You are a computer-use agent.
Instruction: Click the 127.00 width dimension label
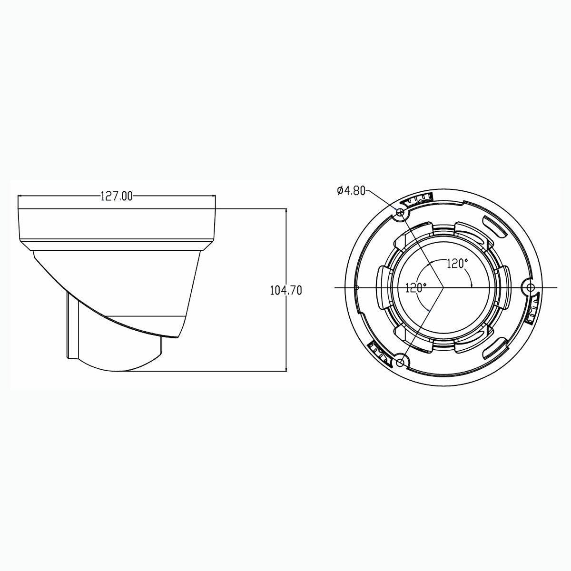click(x=117, y=196)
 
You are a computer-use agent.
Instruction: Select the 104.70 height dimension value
click(x=286, y=290)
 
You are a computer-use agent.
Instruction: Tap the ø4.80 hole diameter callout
click(x=351, y=190)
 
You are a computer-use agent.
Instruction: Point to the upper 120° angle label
click(x=457, y=264)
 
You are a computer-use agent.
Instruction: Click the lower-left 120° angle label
click(x=416, y=288)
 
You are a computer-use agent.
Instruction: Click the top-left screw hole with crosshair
click(x=400, y=212)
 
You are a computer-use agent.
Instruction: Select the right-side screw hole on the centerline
click(x=531, y=287)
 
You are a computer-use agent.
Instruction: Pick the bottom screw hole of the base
click(x=400, y=363)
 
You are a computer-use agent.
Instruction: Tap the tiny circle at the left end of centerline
click(x=356, y=287)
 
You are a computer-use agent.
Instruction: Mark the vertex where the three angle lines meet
click(x=443, y=287)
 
